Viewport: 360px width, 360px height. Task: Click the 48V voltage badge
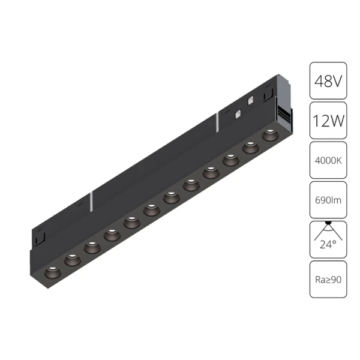tap(328, 80)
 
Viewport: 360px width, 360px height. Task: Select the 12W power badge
tap(328, 120)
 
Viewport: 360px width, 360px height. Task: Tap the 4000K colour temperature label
tap(328, 160)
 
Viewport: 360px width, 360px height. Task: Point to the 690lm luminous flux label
tap(328, 200)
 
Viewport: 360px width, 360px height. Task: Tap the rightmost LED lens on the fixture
tap(268, 136)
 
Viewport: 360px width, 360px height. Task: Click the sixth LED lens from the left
tap(151, 209)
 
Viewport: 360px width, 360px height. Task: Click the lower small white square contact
tap(238, 113)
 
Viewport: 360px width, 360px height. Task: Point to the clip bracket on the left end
tap(40, 237)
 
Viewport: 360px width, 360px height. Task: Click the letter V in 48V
tap(338, 80)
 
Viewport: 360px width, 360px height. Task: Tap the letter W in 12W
tap(338, 120)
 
